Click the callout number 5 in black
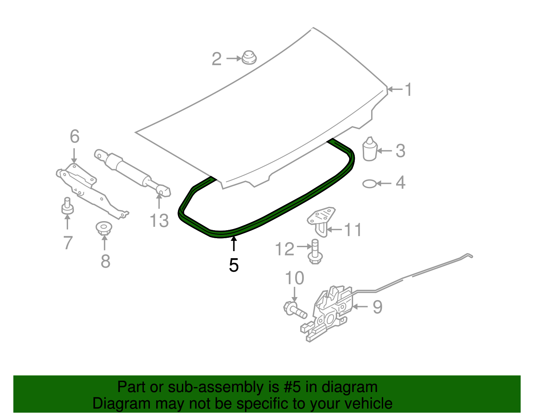coord(234,265)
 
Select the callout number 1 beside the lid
coord(408,90)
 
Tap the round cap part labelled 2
coord(249,58)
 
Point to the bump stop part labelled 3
coord(369,150)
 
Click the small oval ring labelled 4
coord(369,184)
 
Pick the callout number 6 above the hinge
coord(74,137)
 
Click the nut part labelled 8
coord(104,228)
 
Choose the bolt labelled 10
coord(295,309)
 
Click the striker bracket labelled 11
coord(320,220)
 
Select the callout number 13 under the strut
coord(159,220)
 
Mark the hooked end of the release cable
coord(469,255)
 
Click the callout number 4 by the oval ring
coord(400,183)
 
